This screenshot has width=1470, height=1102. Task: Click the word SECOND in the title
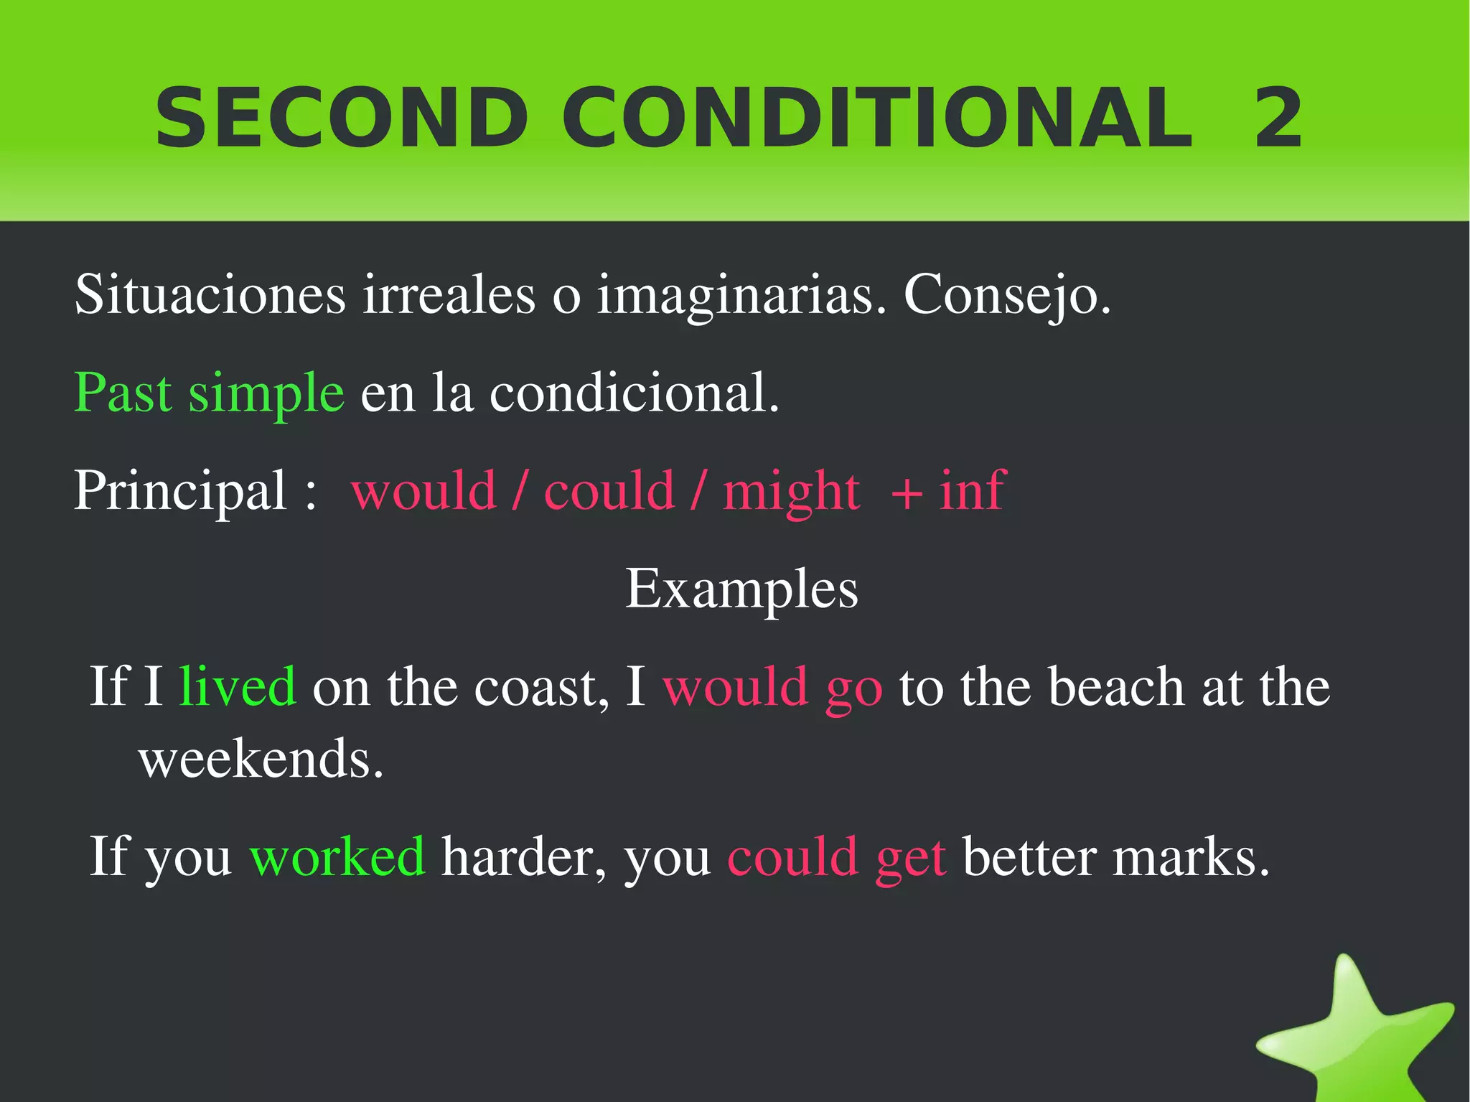click(x=342, y=118)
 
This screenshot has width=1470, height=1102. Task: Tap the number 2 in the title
click(x=1278, y=118)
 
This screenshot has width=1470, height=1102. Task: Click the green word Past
click(x=123, y=393)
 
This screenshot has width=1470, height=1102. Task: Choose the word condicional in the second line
click(x=634, y=393)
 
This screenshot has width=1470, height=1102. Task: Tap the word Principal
click(x=180, y=490)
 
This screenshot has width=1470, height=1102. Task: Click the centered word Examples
click(x=741, y=588)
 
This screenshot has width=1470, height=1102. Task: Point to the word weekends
click(x=261, y=758)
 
